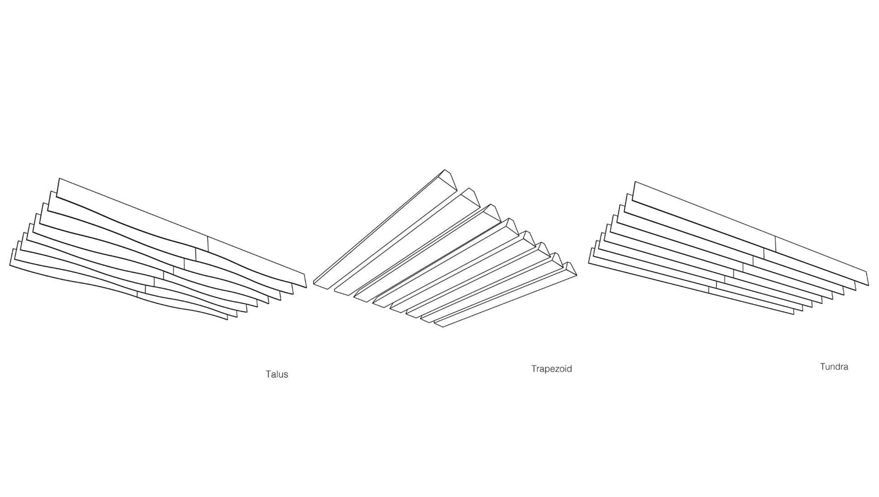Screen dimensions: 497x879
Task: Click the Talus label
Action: coord(277,374)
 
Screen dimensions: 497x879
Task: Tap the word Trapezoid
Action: coord(551,369)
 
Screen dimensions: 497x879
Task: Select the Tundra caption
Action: coord(833,367)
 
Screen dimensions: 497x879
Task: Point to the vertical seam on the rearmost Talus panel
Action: coord(208,244)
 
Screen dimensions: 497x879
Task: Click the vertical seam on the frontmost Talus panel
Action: coord(137,294)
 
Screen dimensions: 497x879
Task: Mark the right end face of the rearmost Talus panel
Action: coord(305,280)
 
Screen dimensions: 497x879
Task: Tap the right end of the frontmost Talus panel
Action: coord(228,317)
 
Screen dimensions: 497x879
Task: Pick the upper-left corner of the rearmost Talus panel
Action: coord(59,179)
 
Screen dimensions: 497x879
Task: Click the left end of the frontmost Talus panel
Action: coord(11,257)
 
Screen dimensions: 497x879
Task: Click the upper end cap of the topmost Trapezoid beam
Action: coord(449,179)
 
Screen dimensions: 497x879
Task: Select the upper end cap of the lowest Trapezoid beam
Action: coord(570,268)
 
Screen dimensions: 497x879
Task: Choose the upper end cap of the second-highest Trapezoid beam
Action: coord(472,197)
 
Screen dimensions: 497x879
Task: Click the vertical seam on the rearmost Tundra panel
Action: coord(776,243)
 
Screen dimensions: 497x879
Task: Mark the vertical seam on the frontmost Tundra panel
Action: coord(709,289)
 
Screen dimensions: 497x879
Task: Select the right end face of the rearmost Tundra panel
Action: coord(867,277)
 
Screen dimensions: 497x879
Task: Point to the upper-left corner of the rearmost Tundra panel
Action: coord(636,182)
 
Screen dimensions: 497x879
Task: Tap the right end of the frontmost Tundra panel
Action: coord(794,312)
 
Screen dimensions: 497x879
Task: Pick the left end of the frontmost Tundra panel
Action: coord(590,255)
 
